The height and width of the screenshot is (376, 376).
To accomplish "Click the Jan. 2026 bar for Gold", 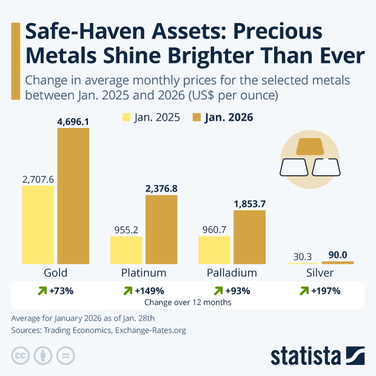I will [73, 196].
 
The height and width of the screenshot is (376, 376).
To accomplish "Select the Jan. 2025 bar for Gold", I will [38, 224].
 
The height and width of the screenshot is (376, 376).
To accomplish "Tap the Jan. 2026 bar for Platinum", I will [161, 229].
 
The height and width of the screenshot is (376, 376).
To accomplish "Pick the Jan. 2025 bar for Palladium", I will [215, 250].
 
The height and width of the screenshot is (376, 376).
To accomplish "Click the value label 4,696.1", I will [73, 121].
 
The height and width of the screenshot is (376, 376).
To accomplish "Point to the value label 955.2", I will [126, 230].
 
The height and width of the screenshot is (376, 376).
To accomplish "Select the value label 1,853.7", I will [250, 204].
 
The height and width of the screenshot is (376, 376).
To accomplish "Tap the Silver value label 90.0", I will [338, 255].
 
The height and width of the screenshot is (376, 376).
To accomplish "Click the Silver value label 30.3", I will [302, 257].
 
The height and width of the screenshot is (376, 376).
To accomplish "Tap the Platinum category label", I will [144, 272].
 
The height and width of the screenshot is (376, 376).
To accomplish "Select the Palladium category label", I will [232, 272].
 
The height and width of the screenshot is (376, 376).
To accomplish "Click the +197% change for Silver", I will [327, 290].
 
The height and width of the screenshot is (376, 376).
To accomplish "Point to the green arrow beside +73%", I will [42, 290].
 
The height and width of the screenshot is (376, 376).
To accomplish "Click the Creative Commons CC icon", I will [21, 355].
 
